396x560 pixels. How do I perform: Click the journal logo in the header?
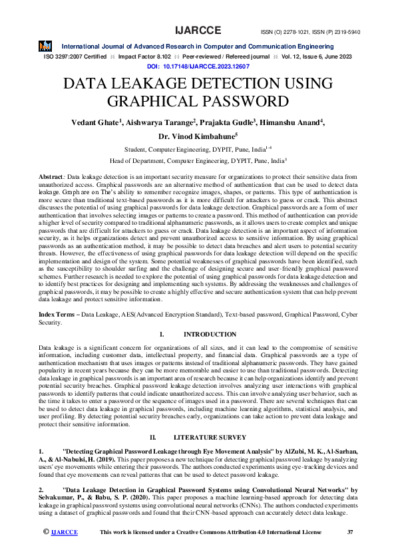click(45, 47)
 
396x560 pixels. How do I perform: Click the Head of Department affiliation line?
click(198, 160)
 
